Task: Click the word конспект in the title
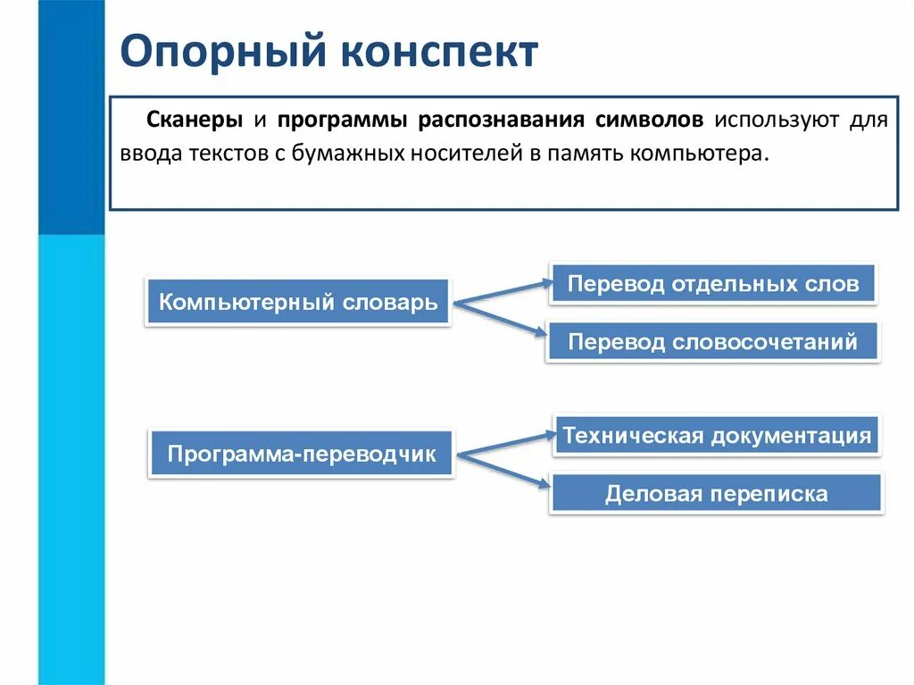[436, 53]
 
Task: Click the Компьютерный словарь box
[298, 302]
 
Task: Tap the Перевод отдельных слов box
[713, 285]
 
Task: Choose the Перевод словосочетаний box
[713, 342]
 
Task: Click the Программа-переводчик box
[302, 455]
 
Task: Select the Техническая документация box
[717, 436]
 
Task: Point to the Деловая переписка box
[717, 493]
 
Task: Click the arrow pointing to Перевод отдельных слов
[504, 292]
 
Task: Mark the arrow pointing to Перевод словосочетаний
[504, 319]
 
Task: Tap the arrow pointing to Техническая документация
[506, 444]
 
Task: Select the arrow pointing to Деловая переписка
[506, 471]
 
